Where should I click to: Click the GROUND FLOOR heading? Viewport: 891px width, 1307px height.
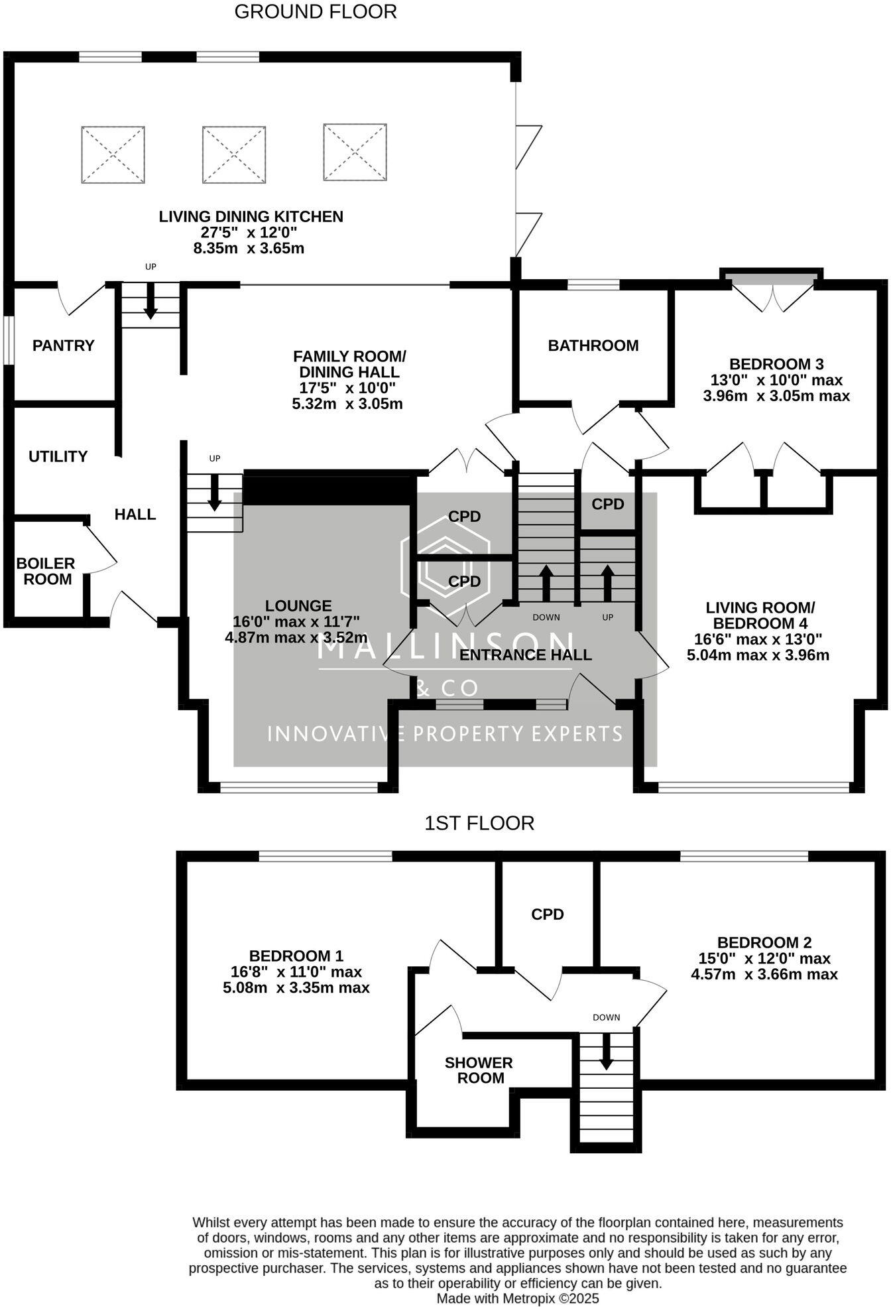coord(315,12)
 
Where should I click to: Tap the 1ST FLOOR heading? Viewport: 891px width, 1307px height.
coord(479,824)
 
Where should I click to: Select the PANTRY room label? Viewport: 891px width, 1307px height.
coord(64,345)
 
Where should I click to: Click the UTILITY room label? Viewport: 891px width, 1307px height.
coord(58,456)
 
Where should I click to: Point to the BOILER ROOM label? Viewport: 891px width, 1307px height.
coord(44,572)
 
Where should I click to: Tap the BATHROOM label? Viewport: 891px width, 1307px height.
coord(593,345)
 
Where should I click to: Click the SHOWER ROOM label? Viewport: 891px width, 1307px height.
coord(479,1070)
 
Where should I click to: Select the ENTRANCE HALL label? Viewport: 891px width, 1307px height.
coord(525,655)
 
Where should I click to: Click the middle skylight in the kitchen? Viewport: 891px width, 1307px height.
coord(234,155)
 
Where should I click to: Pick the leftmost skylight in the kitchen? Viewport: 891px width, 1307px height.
coord(113,155)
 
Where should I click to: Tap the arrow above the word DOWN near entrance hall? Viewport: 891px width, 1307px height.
coord(546,582)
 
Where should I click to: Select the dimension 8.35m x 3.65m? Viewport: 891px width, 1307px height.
coord(249,249)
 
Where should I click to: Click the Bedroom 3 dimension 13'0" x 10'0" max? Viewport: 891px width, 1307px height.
coord(776,381)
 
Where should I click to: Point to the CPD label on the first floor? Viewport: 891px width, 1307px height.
coord(547,914)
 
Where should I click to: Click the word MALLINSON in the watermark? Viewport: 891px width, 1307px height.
coord(445,645)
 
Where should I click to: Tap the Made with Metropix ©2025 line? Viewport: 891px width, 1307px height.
coord(517,1298)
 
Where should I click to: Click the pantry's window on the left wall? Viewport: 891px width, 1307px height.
coord(8,340)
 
